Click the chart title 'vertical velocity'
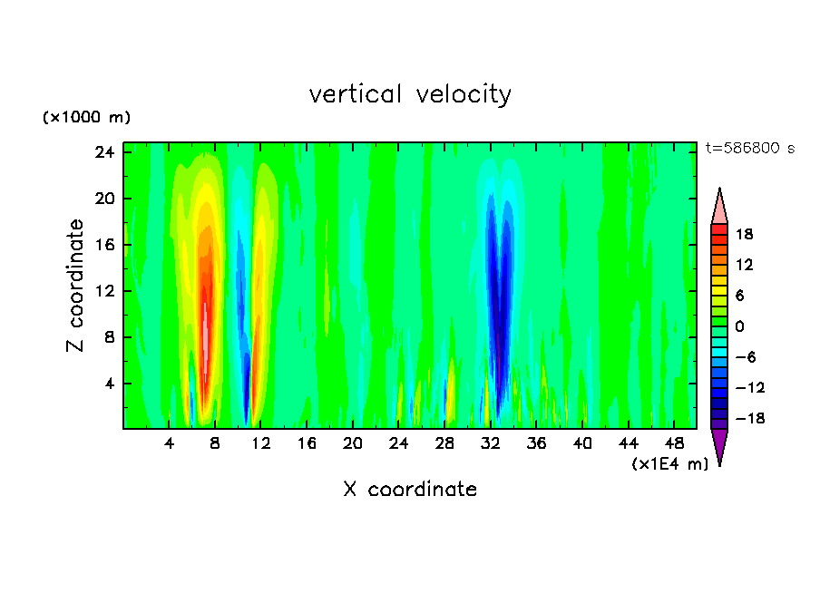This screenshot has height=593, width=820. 410,94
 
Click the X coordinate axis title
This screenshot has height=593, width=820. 410,490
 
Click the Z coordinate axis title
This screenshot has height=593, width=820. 76,286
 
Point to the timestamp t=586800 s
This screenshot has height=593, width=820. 749,149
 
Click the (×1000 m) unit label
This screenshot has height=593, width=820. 86,118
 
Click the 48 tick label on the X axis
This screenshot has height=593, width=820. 674,444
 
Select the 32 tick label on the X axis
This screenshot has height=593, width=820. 491,444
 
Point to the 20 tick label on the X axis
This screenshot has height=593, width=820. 353,444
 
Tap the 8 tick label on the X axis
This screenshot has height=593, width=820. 215,444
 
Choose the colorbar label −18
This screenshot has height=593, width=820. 743,419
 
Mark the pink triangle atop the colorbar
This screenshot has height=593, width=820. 719,208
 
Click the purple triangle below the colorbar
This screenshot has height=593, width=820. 719,445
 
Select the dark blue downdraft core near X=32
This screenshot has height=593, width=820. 496,290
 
